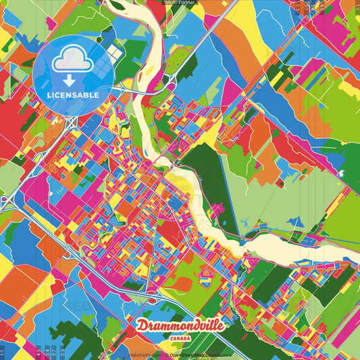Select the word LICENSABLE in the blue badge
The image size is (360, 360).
tap(73, 95)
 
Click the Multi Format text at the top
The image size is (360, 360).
tap(180, 3)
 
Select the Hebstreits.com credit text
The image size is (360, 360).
tap(144, 355)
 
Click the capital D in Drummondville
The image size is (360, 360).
tap(143, 326)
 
